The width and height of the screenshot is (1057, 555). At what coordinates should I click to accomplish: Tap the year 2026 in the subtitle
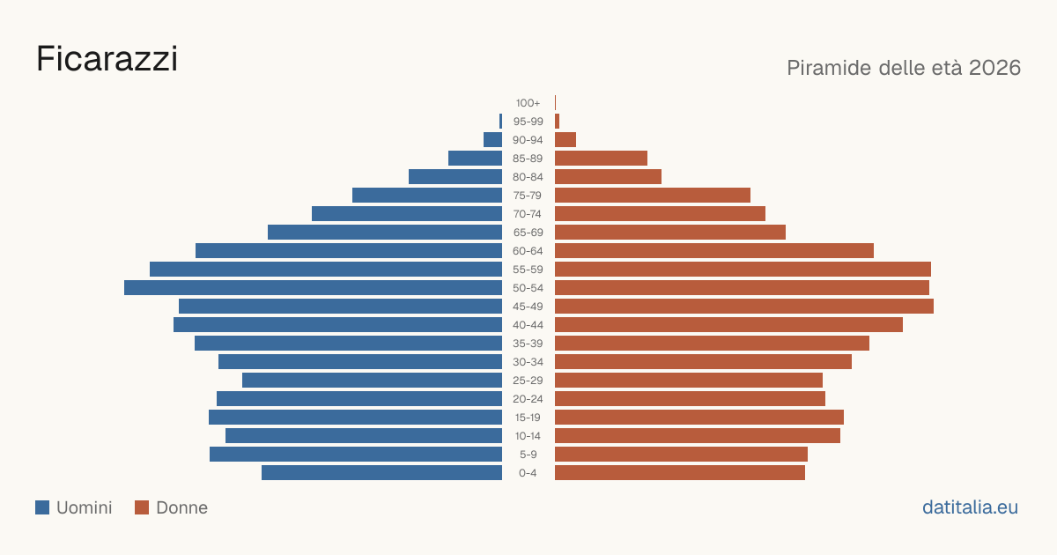(994, 68)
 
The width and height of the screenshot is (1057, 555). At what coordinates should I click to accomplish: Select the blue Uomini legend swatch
(42, 507)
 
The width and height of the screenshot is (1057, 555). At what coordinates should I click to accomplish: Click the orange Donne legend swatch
(142, 507)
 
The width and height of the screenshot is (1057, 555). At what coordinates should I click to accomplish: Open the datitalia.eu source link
(970, 507)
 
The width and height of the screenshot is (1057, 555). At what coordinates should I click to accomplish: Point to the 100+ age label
(528, 103)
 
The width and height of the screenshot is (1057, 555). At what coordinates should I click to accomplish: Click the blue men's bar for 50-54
(313, 288)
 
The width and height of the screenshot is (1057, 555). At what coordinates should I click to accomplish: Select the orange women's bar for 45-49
(744, 307)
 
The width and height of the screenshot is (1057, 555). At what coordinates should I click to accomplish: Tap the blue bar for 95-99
(500, 122)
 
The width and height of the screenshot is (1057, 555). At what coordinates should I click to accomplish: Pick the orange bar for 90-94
(565, 140)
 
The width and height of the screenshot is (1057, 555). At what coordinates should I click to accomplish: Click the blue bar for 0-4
(381, 473)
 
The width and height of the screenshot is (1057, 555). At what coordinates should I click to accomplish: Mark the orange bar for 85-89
(601, 158)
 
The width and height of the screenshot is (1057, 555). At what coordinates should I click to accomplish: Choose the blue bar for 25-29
(372, 381)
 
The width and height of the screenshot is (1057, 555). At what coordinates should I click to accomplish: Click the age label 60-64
(528, 251)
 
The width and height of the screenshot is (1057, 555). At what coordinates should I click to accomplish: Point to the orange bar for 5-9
(682, 455)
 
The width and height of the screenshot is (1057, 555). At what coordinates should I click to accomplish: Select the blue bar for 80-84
(455, 177)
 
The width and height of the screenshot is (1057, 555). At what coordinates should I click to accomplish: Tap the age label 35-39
(528, 344)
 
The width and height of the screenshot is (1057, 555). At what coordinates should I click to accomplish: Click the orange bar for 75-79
(653, 196)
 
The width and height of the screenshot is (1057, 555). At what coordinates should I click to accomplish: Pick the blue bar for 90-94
(492, 140)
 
